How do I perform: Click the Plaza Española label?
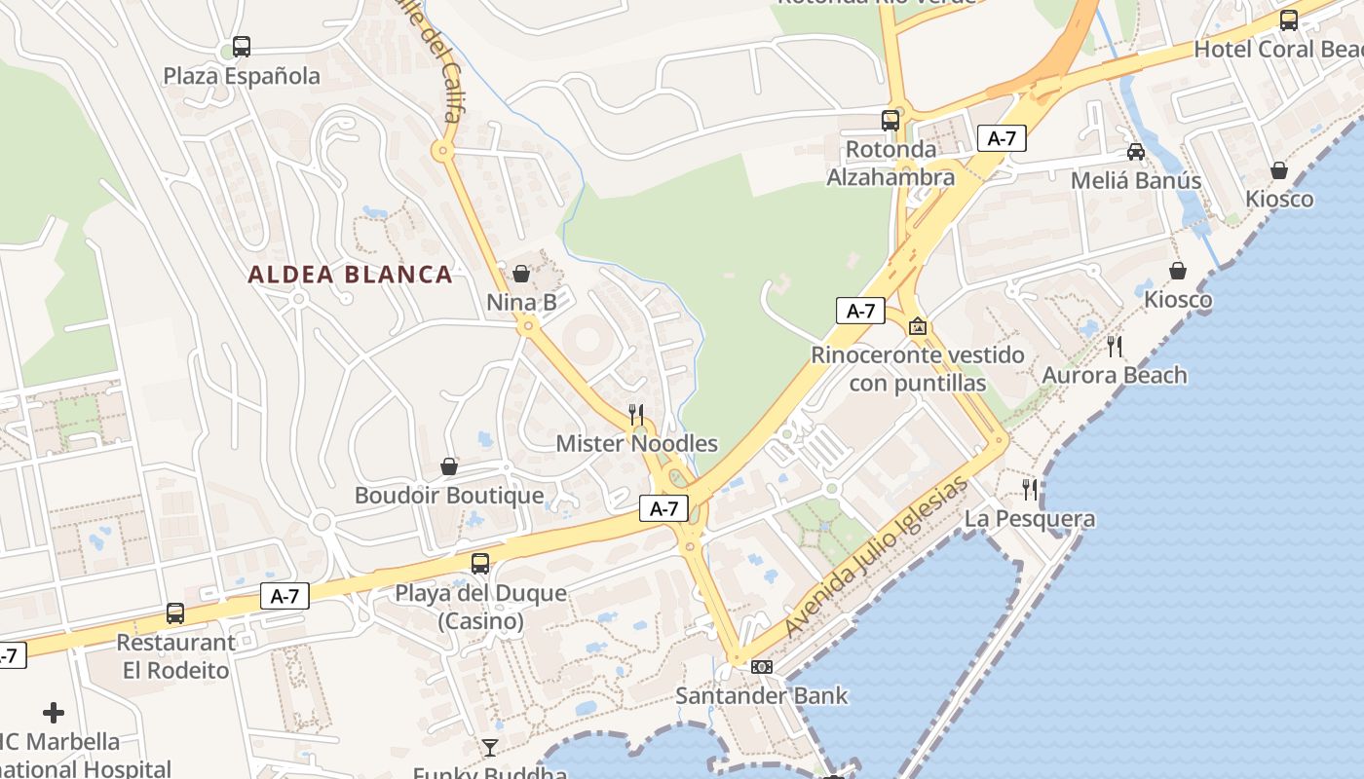[x=241, y=76]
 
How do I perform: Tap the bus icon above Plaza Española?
[x=241, y=46]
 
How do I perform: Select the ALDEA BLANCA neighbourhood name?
[x=350, y=275]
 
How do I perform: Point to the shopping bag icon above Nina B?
[x=521, y=274]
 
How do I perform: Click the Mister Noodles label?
[x=636, y=444]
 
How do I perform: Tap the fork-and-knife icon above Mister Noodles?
[x=635, y=415]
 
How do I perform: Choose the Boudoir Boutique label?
[x=448, y=496]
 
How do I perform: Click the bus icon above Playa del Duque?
[x=479, y=563]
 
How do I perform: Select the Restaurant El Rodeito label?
[x=175, y=656]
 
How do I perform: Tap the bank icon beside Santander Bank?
[x=762, y=667]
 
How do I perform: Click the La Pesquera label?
[x=1029, y=519]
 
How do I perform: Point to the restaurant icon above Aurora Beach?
[x=1115, y=346]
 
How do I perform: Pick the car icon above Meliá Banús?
[x=1136, y=151]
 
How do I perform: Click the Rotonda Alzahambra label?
[x=890, y=164]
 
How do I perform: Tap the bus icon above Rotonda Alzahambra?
[x=890, y=121]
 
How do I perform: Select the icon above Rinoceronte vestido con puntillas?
[x=917, y=326]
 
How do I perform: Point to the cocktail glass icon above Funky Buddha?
[x=489, y=748]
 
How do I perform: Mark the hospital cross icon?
[x=54, y=713]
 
